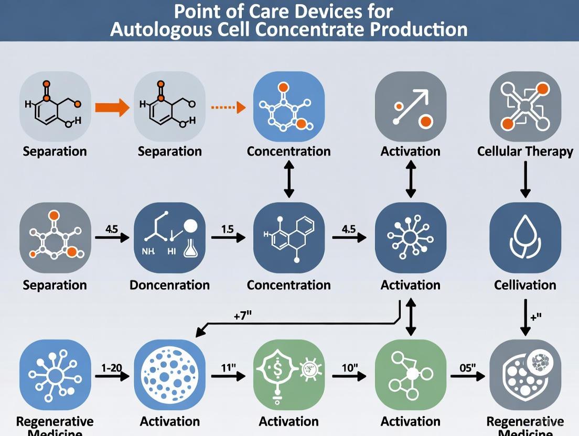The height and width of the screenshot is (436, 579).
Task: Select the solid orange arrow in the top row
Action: click(x=112, y=108)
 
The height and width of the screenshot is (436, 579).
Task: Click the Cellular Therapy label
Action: click(x=525, y=151)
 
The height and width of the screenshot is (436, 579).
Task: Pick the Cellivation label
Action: click(x=525, y=285)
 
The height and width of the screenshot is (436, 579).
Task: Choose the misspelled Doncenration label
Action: click(x=169, y=285)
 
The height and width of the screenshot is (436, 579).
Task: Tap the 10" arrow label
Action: click(x=349, y=367)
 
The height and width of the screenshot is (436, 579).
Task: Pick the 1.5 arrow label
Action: click(x=227, y=228)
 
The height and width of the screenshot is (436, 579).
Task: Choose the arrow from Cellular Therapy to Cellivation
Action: click(x=525, y=179)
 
